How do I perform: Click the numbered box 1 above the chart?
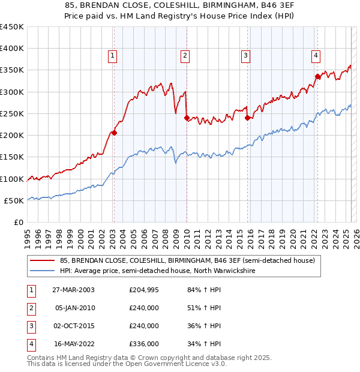pyautogui.click(x=113, y=56)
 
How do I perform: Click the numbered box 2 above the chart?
pyautogui.click(x=185, y=56)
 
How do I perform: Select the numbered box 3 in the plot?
pyautogui.click(x=246, y=56)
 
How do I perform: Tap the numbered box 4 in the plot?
pyautogui.click(x=316, y=56)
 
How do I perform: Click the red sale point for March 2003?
pyautogui.click(x=114, y=133)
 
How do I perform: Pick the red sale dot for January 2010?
pyautogui.click(x=187, y=118)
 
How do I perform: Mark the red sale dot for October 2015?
pyautogui.click(x=247, y=118)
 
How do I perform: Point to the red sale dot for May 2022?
pyautogui.click(x=317, y=76)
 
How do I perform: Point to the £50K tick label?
pyautogui.click(x=14, y=200)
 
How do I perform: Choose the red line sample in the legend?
pyautogui.click(x=43, y=260)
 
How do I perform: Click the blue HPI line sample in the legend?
pyautogui.click(x=43, y=271)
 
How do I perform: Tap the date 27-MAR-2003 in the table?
pyautogui.click(x=73, y=290)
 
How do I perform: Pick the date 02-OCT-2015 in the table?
pyautogui.click(x=73, y=326)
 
